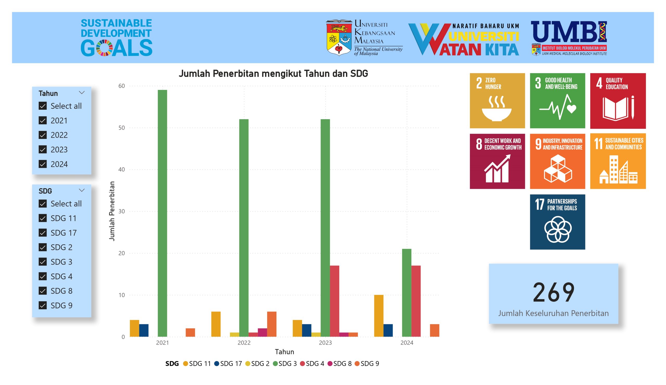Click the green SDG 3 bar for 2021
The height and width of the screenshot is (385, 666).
(162, 213)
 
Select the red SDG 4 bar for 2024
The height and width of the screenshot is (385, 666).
(416, 301)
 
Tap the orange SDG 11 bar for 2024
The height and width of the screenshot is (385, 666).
(379, 316)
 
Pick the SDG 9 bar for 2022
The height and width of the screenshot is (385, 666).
(271, 324)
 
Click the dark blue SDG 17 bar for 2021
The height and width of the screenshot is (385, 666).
(144, 330)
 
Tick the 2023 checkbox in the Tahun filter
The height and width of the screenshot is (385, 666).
(43, 150)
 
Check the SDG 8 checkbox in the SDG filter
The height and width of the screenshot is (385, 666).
(43, 291)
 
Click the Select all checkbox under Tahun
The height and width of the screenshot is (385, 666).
(43, 106)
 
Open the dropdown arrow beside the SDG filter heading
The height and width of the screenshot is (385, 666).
(82, 190)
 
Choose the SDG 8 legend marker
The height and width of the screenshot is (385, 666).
(330, 364)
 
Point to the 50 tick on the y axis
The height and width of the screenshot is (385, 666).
(121, 128)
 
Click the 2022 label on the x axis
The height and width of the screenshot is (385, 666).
(244, 343)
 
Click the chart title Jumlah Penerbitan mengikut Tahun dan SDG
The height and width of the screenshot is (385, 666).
(273, 73)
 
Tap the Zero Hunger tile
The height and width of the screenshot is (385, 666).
(497, 101)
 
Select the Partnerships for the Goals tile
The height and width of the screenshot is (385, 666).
(557, 222)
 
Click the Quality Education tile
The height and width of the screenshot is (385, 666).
(618, 101)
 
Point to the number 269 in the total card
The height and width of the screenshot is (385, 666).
(553, 292)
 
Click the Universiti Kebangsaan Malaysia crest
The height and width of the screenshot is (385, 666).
(339, 37)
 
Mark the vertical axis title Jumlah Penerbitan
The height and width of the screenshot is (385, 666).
(112, 211)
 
